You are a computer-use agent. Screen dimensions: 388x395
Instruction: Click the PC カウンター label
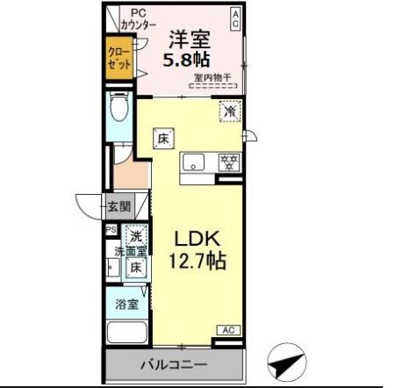(139, 19)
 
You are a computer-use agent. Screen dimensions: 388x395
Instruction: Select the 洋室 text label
(188, 39)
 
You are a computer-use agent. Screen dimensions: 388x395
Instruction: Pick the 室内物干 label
(212, 77)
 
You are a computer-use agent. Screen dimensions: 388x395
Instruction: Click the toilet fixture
(118, 111)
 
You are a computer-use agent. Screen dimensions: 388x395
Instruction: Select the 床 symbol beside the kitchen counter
(163, 138)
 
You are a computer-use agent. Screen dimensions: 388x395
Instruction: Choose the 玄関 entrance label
(118, 208)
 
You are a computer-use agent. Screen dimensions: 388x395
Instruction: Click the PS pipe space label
(111, 230)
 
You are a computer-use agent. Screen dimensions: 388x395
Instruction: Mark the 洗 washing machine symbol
(135, 234)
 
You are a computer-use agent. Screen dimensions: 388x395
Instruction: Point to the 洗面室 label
(130, 252)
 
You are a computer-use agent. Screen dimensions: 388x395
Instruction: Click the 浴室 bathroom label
(126, 305)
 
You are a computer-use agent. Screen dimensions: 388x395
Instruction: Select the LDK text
(198, 240)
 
